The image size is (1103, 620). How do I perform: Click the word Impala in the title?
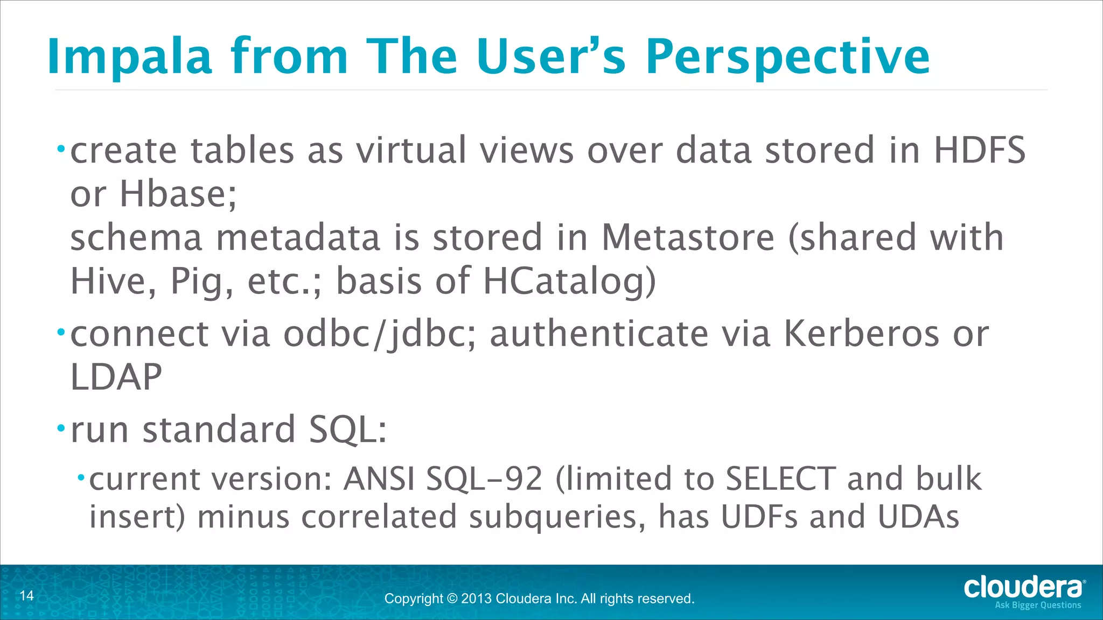coord(129,57)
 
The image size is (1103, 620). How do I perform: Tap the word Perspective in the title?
coord(787,57)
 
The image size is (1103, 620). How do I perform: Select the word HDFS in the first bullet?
coord(979,150)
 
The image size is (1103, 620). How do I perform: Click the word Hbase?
coord(178,194)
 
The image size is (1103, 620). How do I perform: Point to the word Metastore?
coord(688,237)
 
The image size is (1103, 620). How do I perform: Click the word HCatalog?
coord(569,281)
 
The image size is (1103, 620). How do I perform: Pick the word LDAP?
coord(116,377)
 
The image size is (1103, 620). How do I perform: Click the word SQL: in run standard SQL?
coord(348,431)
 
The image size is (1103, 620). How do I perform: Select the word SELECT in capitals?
coord(780,478)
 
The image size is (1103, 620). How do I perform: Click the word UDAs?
coord(918,517)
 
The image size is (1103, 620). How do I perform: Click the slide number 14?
coord(26,595)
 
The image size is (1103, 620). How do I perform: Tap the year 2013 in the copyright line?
coord(476,598)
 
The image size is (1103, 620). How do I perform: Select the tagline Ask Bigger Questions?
coord(1037,605)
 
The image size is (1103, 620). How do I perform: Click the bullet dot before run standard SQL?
coord(61,429)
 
